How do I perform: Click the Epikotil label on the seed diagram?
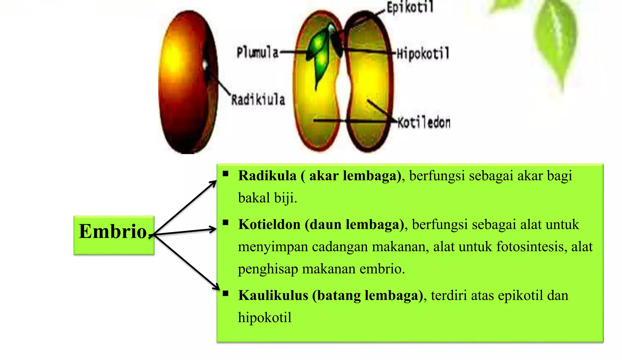410,7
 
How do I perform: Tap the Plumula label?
258,53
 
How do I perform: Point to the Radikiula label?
258,100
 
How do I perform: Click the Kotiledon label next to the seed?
424,123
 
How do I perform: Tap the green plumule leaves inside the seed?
320,55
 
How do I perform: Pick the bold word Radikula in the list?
267,176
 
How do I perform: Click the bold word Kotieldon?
269,225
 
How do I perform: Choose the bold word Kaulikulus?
273,295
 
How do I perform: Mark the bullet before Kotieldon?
225,223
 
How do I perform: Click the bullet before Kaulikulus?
225,294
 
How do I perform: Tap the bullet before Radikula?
225,174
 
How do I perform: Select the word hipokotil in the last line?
265,318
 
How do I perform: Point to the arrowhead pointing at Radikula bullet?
214,183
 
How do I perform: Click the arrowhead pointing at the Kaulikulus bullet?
216,287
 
